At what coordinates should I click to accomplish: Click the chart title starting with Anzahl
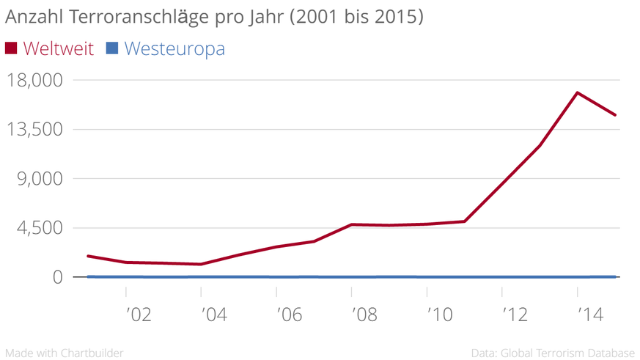(x=214, y=17)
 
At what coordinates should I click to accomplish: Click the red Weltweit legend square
(x=11, y=48)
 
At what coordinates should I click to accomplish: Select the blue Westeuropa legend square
(x=111, y=48)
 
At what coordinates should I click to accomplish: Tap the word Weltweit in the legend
(x=59, y=48)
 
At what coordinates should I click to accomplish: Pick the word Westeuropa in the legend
(x=174, y=48)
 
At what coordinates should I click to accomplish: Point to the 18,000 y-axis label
(x=34, y=79)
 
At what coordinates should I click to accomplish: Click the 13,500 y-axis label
(x=34, y=129)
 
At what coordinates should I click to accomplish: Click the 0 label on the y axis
(x=57, y=277)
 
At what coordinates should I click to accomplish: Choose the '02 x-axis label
(x=138, y=315)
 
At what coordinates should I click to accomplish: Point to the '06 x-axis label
(x=288, y=315)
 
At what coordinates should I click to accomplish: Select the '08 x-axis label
(x=364, y=315)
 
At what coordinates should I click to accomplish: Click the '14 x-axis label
(x=589, y=315)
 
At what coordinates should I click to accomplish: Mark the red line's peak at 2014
(x=578, y=92)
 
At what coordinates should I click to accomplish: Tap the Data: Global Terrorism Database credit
(x=553, y=353)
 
